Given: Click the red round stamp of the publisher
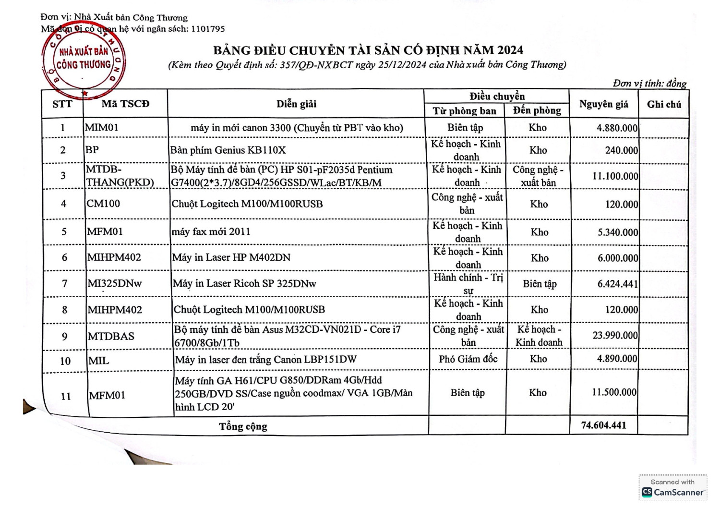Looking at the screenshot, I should click(84, 59).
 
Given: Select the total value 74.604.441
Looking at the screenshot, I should click(603, 425).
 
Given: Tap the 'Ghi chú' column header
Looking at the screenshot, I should click(664, 104).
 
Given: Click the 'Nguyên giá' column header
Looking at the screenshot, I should click(603, 104).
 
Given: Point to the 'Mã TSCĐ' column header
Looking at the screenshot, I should click(125, 104).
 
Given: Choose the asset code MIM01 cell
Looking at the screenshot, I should click(102, 128).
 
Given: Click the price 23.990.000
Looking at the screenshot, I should click(615, 335).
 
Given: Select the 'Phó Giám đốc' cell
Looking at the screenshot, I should click(468, 359).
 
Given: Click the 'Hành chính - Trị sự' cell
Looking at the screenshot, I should click(468, 284).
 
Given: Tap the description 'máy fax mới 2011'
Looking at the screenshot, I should click(211, 231).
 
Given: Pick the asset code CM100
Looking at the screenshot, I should click(103, 204).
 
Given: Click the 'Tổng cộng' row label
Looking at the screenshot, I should click(243, 426).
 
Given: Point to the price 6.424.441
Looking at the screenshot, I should click(617, 284).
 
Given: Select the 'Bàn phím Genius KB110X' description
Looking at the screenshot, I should click(228, 150).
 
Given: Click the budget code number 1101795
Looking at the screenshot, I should click(207, 29).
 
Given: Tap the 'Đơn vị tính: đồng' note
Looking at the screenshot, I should click(649, 83).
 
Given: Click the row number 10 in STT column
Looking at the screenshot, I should click(65, 361).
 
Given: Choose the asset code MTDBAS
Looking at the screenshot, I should click(111, 336).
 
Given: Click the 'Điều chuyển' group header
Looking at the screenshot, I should click(497, 96).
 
